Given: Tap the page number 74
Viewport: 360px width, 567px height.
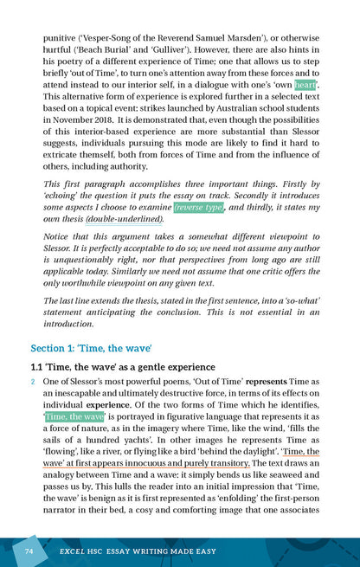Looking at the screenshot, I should pos(29,551).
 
